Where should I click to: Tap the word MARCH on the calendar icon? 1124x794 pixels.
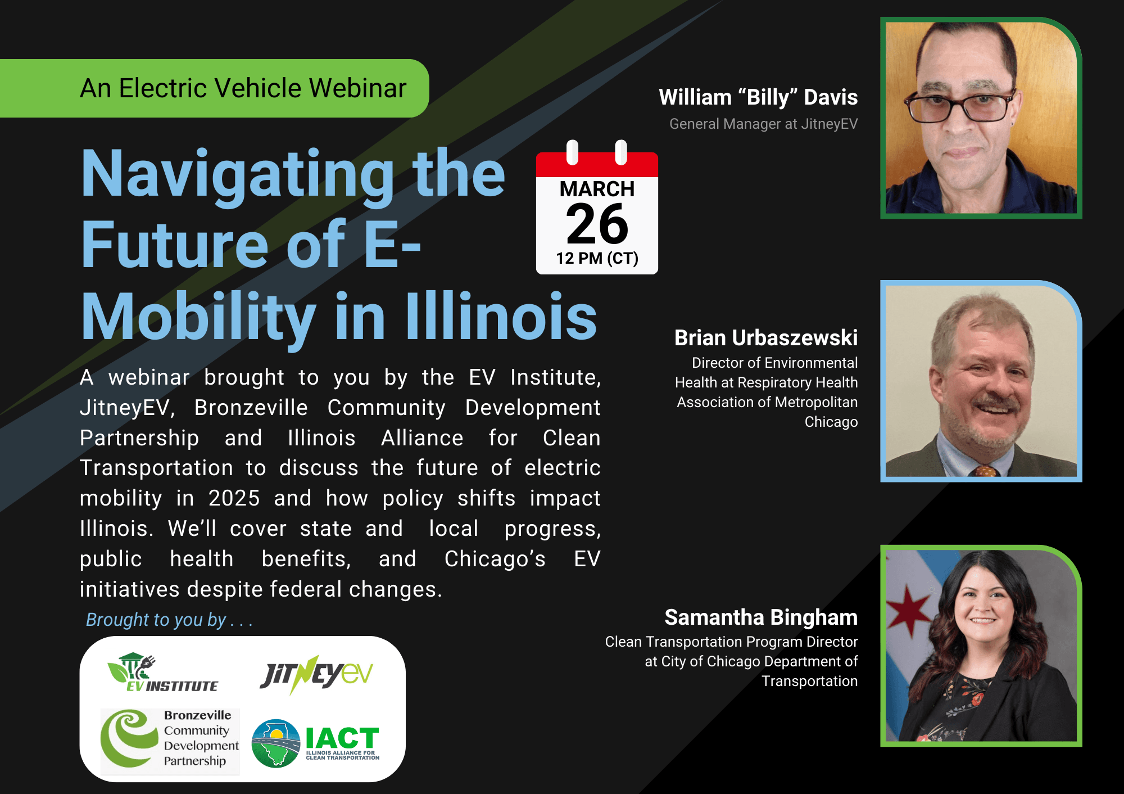click(x=597, y=189)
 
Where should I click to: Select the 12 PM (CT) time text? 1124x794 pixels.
click(x=597, y=258)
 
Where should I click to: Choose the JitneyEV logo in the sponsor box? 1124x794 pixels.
click(x=316, y=674)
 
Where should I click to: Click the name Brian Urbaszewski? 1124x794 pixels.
click(x=765, y=338)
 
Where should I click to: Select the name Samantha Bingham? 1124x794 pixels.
click(x=761, y=617)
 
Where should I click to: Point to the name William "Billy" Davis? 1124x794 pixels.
click(x=758, y=97)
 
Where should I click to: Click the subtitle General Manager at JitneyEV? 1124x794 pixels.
click(x=763, y=124)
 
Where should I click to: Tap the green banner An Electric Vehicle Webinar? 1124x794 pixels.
click(x=242, y=88)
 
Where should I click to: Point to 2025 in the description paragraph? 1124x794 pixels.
click(x=234, y=498)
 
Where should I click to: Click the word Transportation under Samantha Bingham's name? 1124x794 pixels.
click(x=809, y=681)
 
